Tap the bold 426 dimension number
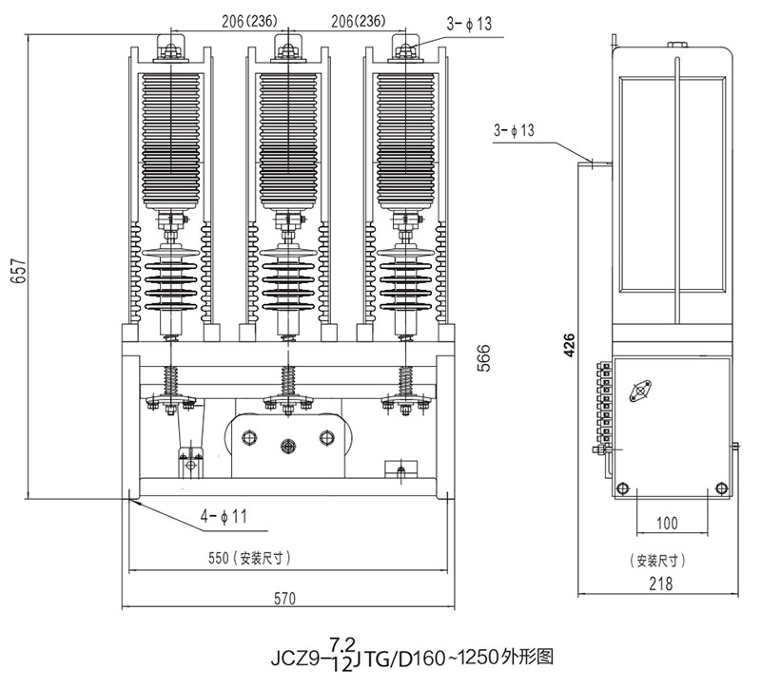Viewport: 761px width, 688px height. [569, 344]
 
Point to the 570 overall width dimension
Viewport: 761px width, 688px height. [284, 599]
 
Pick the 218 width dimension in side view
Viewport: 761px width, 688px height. [673, 585]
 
